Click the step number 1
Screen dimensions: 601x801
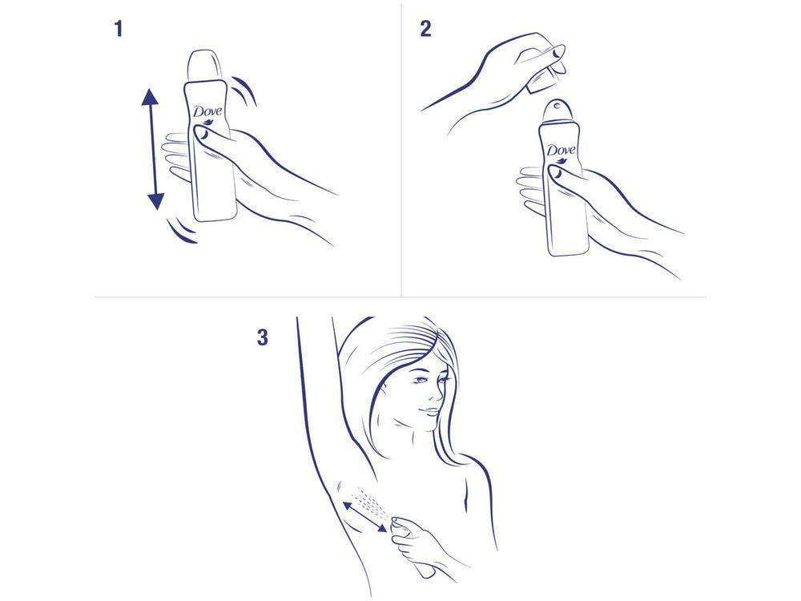tap(119, 30)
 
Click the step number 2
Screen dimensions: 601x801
tap(425, 30)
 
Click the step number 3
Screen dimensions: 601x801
tap(262, 337)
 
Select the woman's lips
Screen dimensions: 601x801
tap(433, 413)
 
